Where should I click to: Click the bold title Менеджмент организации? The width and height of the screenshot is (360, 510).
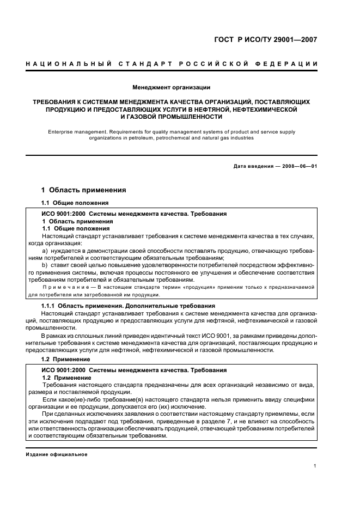tap(172, 87)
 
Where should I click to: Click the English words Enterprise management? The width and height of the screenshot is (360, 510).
tap(73, 131)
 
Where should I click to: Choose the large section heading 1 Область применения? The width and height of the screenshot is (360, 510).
tap(84, 190)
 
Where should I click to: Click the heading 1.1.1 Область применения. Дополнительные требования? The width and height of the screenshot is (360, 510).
tap(129, 306)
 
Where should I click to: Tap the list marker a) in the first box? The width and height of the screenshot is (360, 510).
tap(45, 250)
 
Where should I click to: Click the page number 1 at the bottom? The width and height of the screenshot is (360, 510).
tap(315, 466)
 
